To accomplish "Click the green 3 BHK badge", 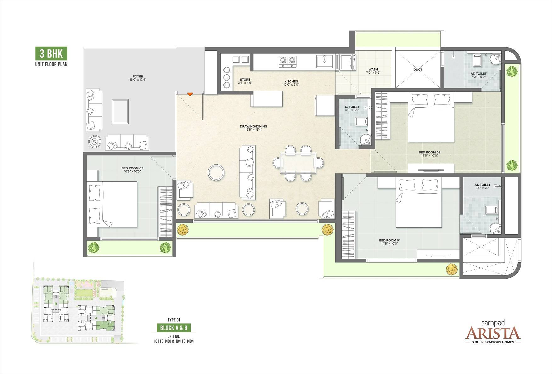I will pos(51,54).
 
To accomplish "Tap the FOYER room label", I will pos(138,76).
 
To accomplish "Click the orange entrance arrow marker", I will pos(190,94).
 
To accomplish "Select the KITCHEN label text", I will pos(291,81).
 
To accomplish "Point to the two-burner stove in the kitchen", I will pos(288,61).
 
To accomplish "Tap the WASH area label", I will pos(373,69).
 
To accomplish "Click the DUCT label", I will pos(418,70).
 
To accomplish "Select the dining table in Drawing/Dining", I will pos(298,163).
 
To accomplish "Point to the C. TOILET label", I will pos(352,107).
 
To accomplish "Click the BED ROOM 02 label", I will pos(430,152).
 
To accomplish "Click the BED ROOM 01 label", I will pos(390,240).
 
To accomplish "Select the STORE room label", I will pos(245,80).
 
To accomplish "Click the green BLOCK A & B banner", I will pos(174,328).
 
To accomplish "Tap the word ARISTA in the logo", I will pos(493,332).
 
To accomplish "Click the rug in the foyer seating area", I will pos(121,111).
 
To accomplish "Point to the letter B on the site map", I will pos(56,304).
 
